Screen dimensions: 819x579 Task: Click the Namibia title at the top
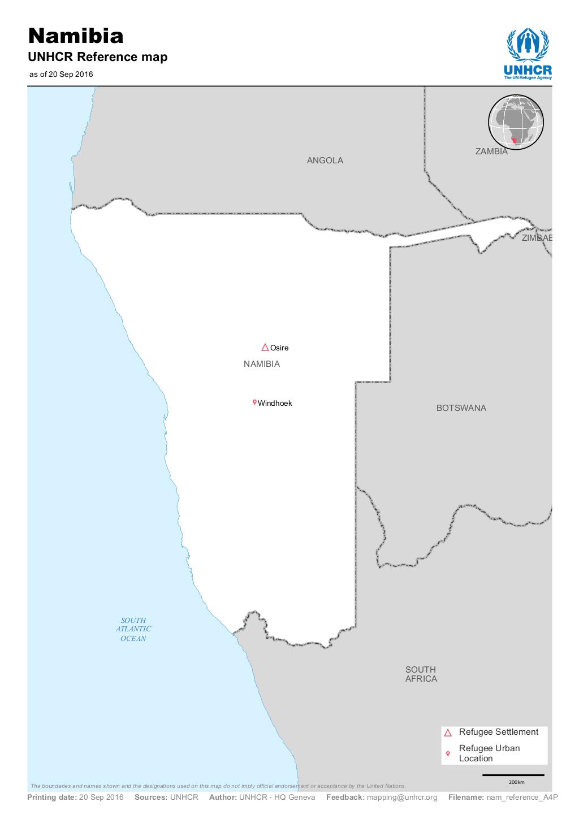pos(76,36)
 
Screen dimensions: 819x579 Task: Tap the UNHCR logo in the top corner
pos(528,54)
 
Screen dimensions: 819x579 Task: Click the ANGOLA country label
pos(325,161)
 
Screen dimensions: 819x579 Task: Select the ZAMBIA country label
pos(491,151)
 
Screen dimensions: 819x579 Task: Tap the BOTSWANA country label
pos(461,408)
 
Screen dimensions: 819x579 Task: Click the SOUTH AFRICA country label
pos(421,674)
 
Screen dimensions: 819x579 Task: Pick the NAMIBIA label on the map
pos(261,364)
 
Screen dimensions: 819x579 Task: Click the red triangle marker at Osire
pos(265,347)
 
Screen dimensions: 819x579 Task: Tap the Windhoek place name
pos(275,404)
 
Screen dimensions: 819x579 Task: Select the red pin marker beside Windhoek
pos(254,402)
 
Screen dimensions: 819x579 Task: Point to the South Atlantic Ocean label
pos(133,629)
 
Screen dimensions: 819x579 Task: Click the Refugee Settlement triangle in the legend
pos(448,733)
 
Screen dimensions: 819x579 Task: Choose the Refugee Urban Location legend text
pos(489,753)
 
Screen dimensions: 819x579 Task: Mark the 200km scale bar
pos(513,775)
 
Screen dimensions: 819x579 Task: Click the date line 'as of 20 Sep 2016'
pos(61,74)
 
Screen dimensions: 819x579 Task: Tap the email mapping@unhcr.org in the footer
pos(401,798)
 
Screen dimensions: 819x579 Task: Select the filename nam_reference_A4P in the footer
pos(518,798)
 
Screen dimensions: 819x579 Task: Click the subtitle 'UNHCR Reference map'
pos(98,57)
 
